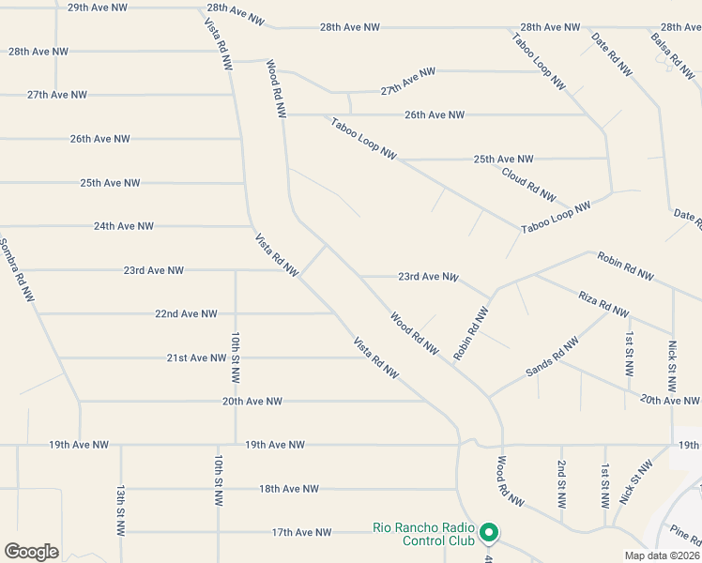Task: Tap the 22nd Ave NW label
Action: (186, 313)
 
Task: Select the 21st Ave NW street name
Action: (196, 358)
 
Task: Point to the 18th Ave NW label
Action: (289, 489)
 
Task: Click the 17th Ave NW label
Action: (301, 532)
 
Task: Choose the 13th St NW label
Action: (121, 510)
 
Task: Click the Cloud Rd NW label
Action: (528, 183)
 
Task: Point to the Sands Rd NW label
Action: (552, 358)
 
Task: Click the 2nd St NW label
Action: (561, 483)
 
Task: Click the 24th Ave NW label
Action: (123, 226)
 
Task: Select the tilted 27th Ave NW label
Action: (408, 82)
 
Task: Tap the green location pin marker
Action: (488, 533)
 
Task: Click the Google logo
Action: (31, 552)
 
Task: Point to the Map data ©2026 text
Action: (661, 555)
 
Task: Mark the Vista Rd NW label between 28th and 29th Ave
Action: (218, 42)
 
